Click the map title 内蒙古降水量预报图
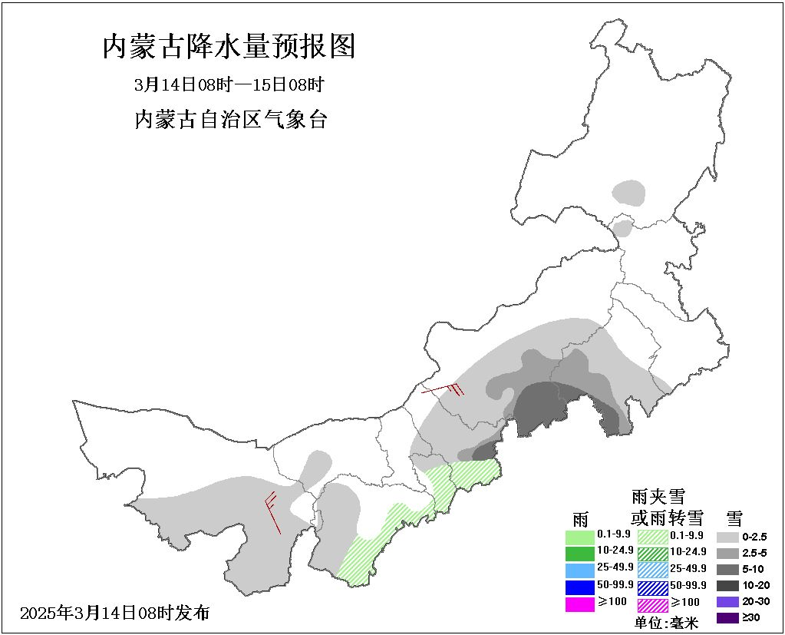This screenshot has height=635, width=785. (x=229, y=48)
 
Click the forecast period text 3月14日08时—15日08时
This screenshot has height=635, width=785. (x=229, y=84)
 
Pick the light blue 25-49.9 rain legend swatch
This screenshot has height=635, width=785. (x=580, y=570)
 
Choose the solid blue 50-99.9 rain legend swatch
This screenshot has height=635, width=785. (x=580, y=587)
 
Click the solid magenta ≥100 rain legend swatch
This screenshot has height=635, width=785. (x=580, y=604)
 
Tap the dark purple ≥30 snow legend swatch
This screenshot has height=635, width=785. (x=727, y=617)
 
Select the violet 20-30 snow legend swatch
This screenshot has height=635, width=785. (x=727, y=601)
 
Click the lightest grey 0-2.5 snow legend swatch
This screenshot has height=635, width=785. (x=727, y=537)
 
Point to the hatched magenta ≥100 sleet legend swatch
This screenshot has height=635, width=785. (x=652, y=605)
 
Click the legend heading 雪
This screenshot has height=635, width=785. (x=734, y=517)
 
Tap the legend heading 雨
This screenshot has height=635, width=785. (x=581, y=517)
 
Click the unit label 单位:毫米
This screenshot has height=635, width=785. (x=666, y=623)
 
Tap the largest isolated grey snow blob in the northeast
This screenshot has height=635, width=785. (x=630, y=193)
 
